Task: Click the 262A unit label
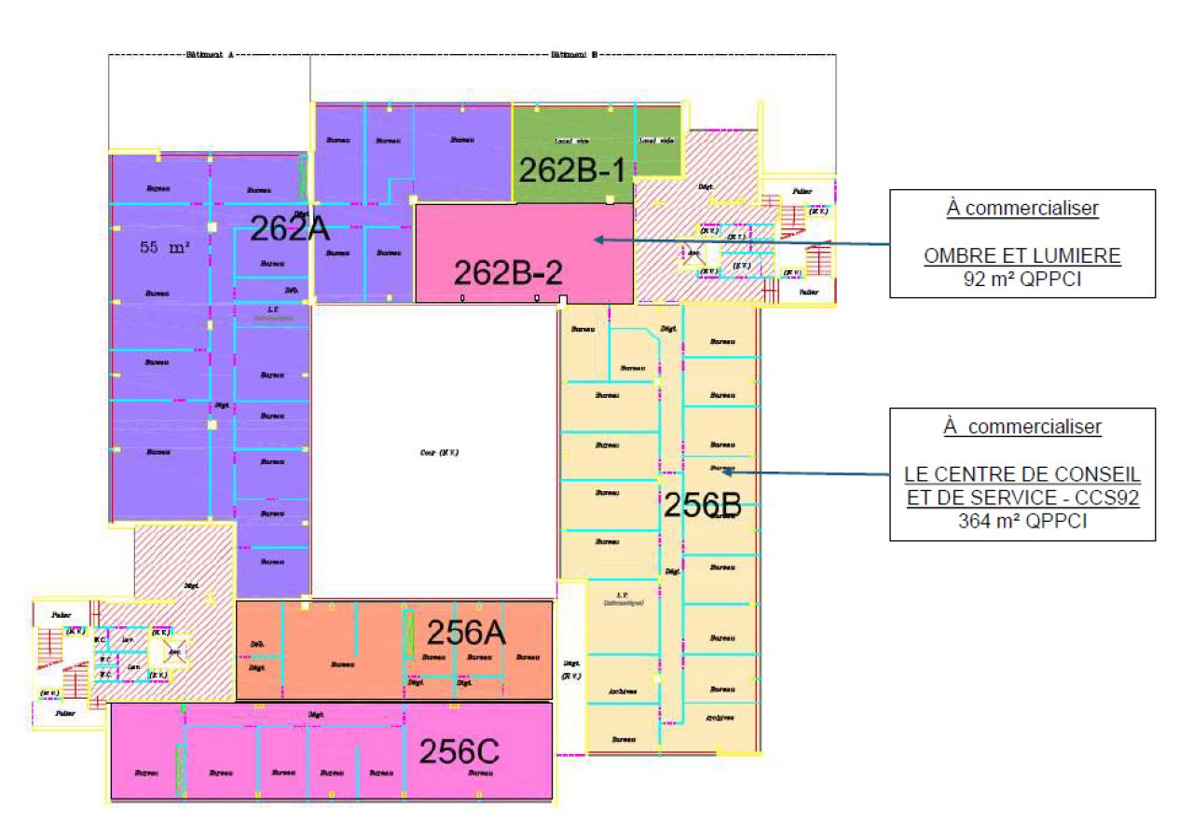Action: click(x=290, y=228)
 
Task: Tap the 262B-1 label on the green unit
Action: click(x=571, y=171)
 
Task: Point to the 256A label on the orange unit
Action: click(x=466, y=633)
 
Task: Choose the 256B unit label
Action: click(x=702, y=504)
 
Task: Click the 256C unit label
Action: click(x=459, y=752)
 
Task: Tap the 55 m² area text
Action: click(x=165, y=248)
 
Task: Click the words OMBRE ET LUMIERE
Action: click(x=1022, y=255)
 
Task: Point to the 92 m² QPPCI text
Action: click(x=1022, y=278)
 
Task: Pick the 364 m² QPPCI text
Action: click(x=1022, y=522)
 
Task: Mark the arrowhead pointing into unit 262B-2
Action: click(x=597, y=239)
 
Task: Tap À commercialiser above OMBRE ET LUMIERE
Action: click(x=1022, y=209)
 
